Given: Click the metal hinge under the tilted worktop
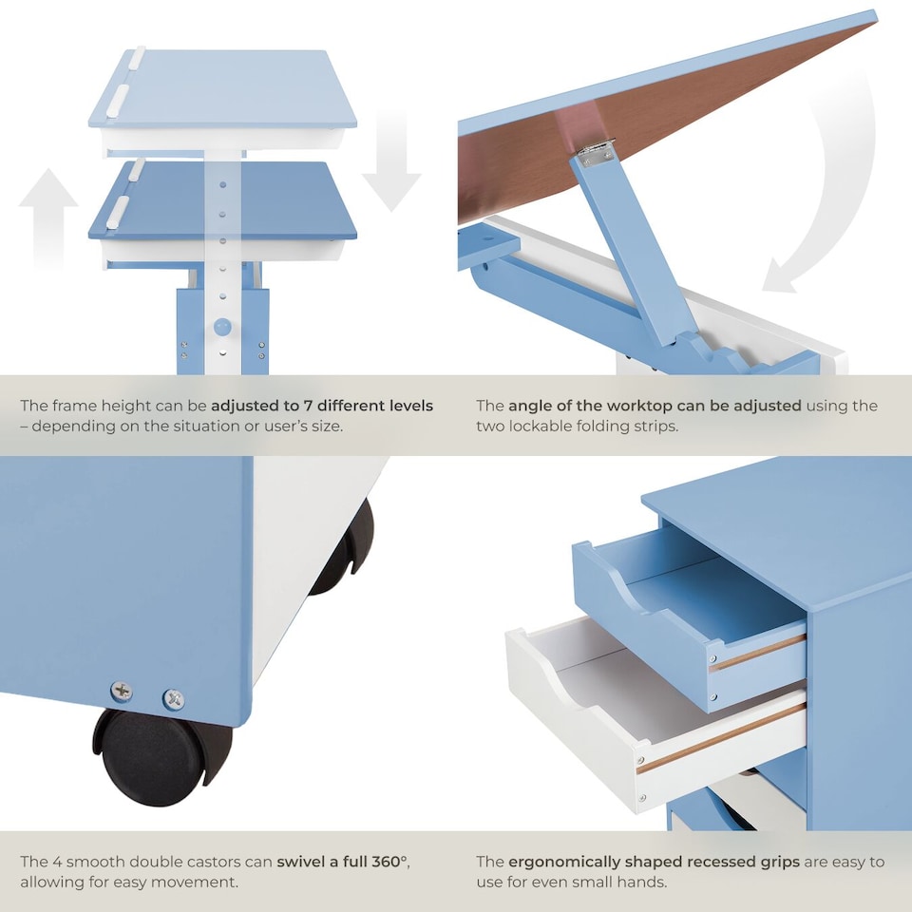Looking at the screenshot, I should pyautogui.click(x=597, y=152).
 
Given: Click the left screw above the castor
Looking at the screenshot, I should pyautogui.click(x=122, y=691).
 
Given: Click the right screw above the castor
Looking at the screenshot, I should pyautogui.click(x=173, y=698).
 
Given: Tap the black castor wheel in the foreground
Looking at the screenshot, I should pyautogui.click(x=157, y=755).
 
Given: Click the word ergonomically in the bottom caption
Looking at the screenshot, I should pyautogui.click(x=563, y=862).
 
